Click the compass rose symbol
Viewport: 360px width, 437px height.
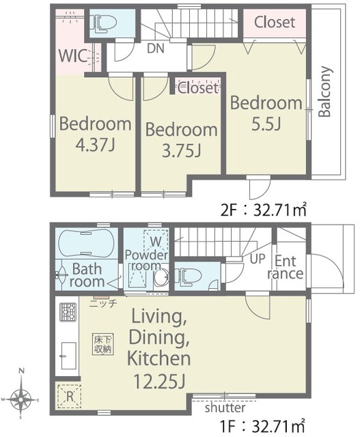click(x=20, y=399)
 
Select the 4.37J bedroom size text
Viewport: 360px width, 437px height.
click(x=96, y=144)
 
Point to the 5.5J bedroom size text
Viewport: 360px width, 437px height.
click(x=266, y=124)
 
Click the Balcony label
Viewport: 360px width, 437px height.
click(x=325, y=91)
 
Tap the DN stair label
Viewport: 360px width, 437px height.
click(x=156, y=48)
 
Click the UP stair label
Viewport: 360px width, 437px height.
click(x=258, y=259)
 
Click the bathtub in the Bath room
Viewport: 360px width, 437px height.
click(x=87, y=244)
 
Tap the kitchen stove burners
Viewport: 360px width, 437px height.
click(x=68, y=312)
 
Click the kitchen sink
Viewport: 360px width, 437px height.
click(x=68, y=356)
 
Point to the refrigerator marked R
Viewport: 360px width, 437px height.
click(x=69, y=397)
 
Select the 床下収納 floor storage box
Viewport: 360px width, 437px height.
click(x=103, y=344)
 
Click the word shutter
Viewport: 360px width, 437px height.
click(x=225, y=408)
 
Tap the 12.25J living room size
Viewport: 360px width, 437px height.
click(x=159, y=381)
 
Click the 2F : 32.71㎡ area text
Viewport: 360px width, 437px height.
click(x=264, y=210)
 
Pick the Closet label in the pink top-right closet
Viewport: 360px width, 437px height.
click(x=275, y=23)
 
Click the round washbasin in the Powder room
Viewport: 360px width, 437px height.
click(x=161, y=277)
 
